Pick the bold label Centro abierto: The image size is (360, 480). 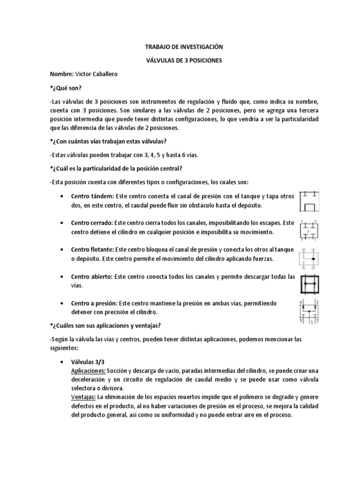(92, 276)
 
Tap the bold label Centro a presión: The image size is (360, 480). (94, 302)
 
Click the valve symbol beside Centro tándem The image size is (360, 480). (309, 200)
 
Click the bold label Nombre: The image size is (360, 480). (62, 74)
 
